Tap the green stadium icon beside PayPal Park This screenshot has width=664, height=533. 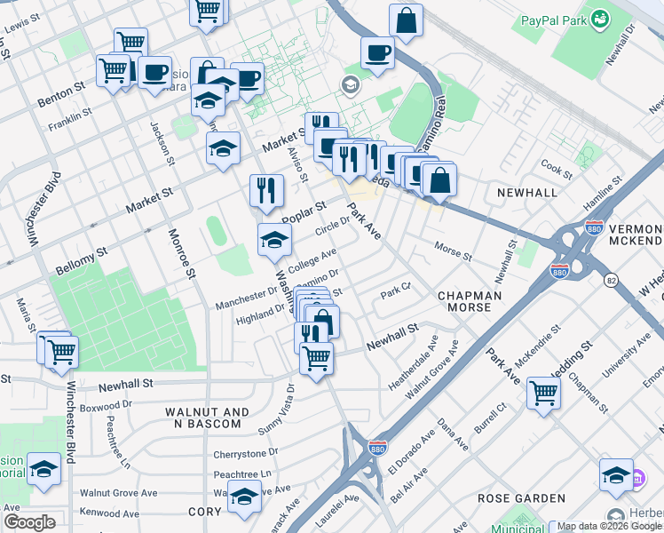tap(601, 18)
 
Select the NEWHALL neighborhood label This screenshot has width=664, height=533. tap(527, 192)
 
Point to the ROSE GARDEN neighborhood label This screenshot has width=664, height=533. tap(522, 498)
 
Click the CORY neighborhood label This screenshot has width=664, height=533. tap(204, 512)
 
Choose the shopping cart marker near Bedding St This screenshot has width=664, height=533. tap(543, 392)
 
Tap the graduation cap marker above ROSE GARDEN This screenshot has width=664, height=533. tap(616, 474)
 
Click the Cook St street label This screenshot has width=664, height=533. tap(557, 166)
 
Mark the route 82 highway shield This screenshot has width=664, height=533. tap(610, 281)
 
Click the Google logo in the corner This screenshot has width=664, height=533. tap(29, 522)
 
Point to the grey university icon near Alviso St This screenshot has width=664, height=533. tap(349, 85)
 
